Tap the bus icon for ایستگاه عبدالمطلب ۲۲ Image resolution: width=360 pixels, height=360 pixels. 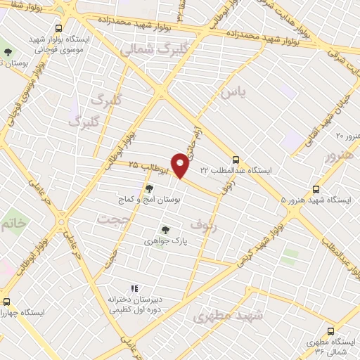coord(236,160)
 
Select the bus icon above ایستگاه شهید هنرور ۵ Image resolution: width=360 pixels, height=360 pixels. coord(316,189)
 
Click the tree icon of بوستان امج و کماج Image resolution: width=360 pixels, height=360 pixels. coord(148,188)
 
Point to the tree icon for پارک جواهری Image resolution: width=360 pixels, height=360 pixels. coord(165,229)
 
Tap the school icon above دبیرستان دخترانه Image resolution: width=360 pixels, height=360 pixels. coord(134,288)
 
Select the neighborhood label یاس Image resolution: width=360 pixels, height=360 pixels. coord(233,92)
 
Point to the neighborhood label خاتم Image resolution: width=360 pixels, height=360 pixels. coord(17,224)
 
